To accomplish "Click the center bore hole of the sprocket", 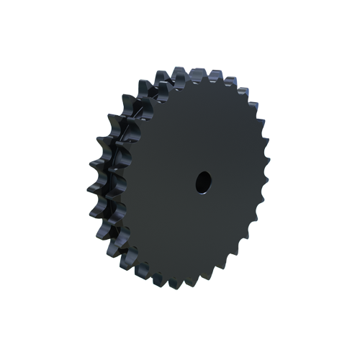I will pos(202,181).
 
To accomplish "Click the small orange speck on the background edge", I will pos(269,135).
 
